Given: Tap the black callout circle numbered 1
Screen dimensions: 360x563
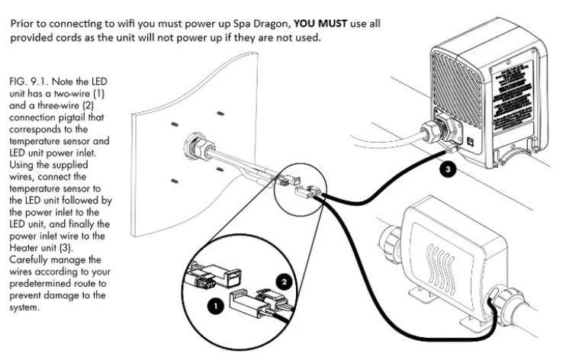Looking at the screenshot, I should pyautogui.click(x=215, y=305).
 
